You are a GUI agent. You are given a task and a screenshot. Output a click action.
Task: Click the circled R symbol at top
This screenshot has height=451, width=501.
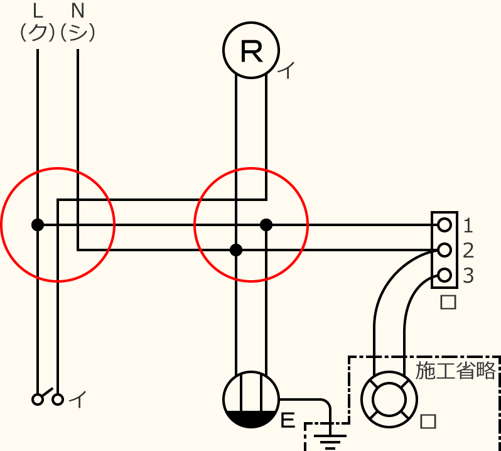point(251,52)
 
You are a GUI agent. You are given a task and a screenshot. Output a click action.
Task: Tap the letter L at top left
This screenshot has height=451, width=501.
point(38,11)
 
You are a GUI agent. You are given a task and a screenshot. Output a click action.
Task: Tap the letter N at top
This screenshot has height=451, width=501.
point(78,11)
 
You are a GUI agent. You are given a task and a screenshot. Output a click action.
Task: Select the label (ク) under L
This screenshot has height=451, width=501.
point(38,31)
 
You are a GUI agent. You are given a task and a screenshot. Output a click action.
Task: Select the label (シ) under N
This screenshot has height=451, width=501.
point(78,31)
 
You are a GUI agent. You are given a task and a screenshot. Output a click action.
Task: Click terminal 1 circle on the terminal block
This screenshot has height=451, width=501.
point(444,224)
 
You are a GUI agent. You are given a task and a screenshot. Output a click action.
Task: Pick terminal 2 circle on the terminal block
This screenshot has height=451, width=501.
point(444,250)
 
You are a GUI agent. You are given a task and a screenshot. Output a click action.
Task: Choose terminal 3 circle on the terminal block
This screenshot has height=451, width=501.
point(444,275)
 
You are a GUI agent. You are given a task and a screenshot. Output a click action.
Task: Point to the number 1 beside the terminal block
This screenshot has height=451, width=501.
point(468,224)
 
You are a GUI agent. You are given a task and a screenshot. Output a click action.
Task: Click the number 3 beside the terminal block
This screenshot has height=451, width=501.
point(468,276)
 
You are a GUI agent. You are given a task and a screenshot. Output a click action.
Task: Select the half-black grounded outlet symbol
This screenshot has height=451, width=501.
point(251,399)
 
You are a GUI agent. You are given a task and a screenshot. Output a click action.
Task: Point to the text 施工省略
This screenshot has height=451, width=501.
point(456,370)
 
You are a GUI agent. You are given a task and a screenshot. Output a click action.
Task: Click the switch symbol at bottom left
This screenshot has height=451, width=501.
point(48,398)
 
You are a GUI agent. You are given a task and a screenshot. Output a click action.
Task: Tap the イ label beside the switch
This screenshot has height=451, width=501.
point(77,398)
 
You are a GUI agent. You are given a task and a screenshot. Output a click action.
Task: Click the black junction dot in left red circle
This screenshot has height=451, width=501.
point(38,224)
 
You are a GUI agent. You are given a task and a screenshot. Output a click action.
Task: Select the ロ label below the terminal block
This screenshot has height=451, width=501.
point(448,302)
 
